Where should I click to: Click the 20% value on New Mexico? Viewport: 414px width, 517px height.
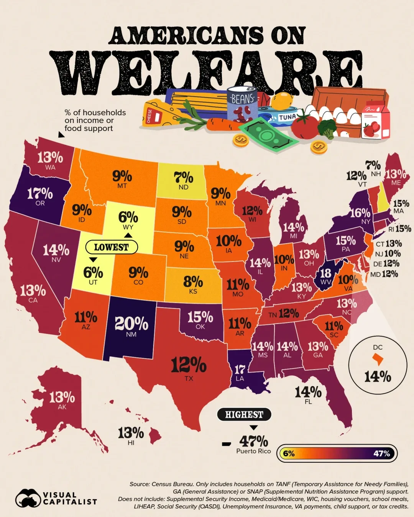click(131, 324)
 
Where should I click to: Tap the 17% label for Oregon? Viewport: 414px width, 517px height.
click(40, 193)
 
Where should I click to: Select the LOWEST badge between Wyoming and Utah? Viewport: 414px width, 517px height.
click(111, 247)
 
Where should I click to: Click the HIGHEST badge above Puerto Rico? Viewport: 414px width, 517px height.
click(244, 414)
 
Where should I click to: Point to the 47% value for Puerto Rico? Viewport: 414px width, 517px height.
click(254, 441)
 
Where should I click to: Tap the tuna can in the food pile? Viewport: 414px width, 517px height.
click(282, 117)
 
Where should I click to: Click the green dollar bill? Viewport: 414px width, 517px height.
click(268, 134)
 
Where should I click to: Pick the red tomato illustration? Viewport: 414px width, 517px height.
click(304, 126)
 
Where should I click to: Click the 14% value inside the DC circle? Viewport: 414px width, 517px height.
click(378, 376)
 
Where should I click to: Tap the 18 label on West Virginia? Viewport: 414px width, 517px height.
click(325, 273)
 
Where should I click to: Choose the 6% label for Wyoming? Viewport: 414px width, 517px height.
click(128, 217)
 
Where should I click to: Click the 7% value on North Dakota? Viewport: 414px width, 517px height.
click(183, 177)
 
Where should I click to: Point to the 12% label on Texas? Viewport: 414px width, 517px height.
click(189, 365)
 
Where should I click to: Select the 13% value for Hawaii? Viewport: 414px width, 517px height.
click(131, 433)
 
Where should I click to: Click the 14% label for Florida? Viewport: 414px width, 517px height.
click(308, 392)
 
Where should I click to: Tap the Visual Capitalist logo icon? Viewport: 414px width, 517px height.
click(28, 498)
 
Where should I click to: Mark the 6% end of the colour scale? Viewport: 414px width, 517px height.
click(289, 454)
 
